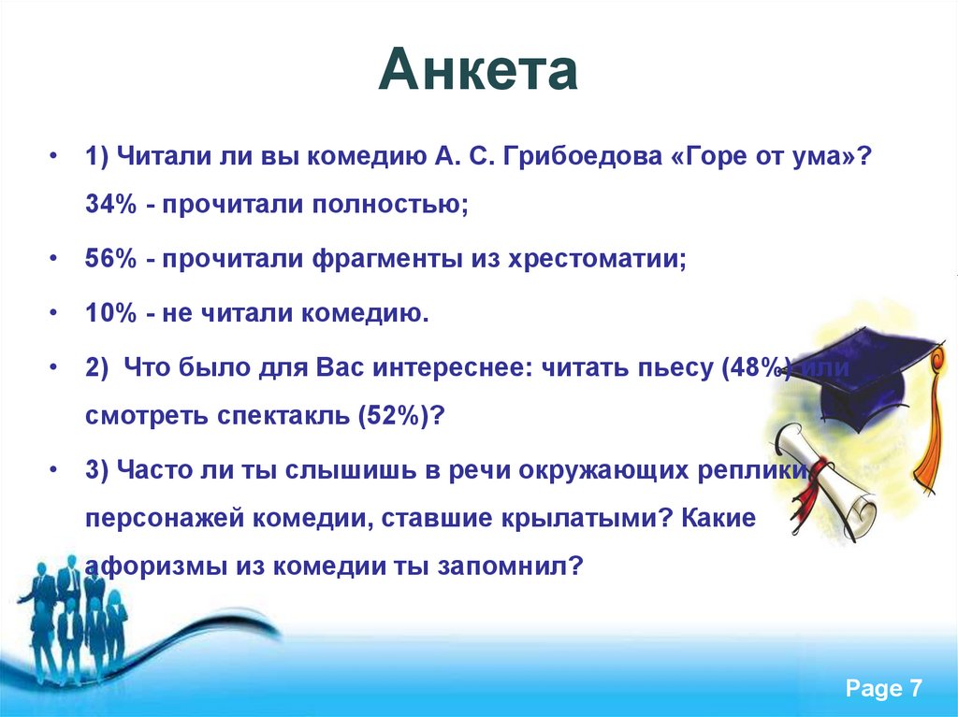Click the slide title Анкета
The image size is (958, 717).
point(478,69)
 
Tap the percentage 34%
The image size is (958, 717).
point(110,204)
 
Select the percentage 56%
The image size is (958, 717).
point(110,259)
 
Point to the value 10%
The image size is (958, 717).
point(110,313)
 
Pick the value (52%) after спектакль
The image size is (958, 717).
point(394,416)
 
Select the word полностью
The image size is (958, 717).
point(390,205)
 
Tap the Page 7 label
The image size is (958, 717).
point(883,688)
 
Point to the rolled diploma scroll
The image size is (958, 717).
point(825,482)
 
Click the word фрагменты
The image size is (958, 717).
point(387,260)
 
